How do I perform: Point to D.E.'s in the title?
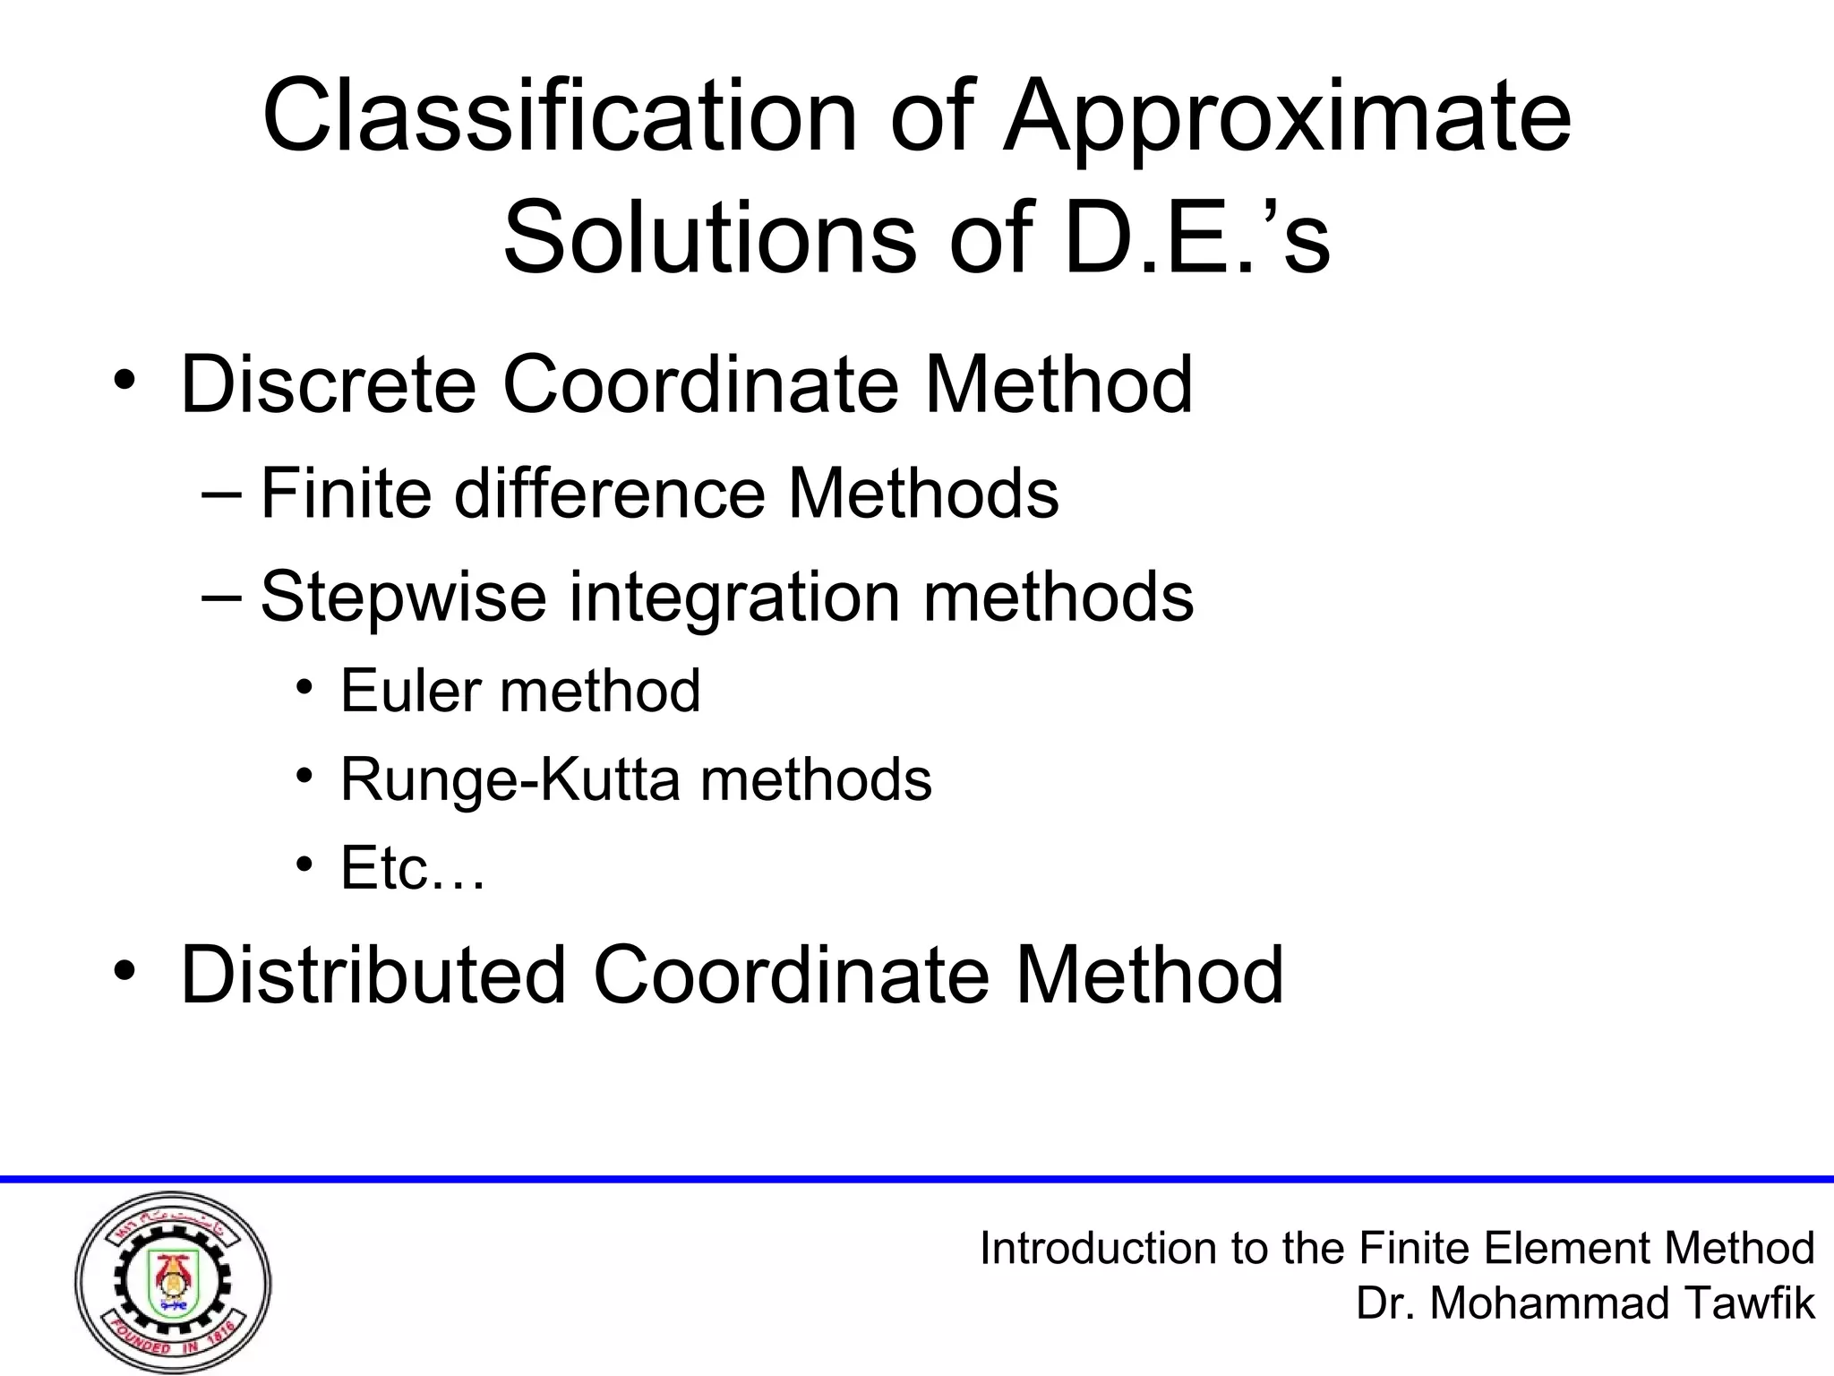tap(1197, 238)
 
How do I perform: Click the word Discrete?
tap(328, 384)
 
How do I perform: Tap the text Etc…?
tap(413, 868)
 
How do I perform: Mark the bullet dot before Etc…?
tap(305, 864)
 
